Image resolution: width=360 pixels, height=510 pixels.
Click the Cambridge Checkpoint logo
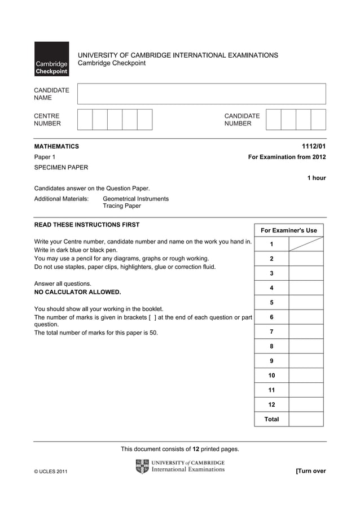(51, 59)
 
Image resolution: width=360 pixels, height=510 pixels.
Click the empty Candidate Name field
(201, 94)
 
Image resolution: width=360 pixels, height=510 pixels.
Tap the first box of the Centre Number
(85, 120)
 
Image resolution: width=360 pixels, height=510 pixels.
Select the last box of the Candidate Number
(318, 120)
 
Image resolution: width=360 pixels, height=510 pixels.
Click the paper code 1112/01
(314, 146)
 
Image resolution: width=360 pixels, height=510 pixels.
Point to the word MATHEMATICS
(56, 146)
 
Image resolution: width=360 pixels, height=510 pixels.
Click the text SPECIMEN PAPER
(61, 167)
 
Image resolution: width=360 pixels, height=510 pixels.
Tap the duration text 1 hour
(316, 178)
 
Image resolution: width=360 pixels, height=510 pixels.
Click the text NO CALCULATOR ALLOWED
(77, 292)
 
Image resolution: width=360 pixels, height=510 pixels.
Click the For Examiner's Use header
(288, 230)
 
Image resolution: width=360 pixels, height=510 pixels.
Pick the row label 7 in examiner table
(271, 332)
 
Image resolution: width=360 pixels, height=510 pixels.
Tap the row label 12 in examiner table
(271, 404)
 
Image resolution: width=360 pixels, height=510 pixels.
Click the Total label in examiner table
(271, 419)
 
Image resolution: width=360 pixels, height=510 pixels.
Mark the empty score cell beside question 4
(306, 287)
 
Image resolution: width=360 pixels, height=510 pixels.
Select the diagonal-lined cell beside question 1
(306, 244)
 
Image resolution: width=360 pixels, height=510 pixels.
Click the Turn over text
(310, 471)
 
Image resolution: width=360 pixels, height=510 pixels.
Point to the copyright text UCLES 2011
(51, 472)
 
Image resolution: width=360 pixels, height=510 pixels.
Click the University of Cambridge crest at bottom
(142, 467)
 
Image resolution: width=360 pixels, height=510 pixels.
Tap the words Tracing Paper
(121, 206)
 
